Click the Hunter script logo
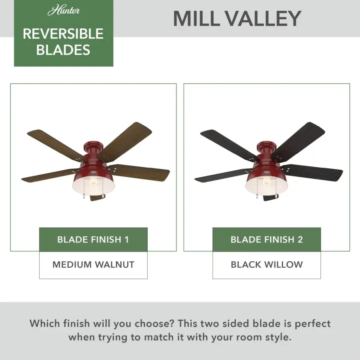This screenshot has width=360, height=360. (63, 10)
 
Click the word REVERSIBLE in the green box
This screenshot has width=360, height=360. (63, 34)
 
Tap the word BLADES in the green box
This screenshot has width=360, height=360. (63, 50)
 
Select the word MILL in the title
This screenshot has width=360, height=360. (196, 18)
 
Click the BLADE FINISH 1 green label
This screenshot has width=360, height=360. (93, 240)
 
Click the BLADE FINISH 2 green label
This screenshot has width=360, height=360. (266, 240)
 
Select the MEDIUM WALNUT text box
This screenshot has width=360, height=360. (93, 265)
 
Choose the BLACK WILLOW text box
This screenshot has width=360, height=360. (266, 265)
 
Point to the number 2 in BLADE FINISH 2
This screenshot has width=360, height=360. (300, 240)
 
